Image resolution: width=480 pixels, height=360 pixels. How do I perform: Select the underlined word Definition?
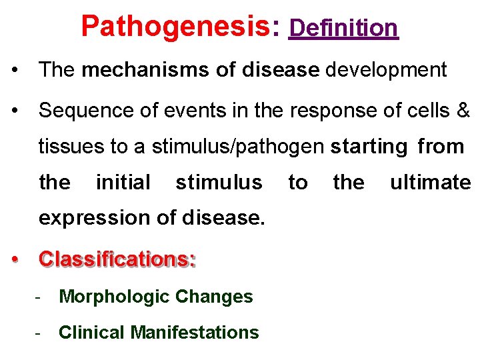click(343, 28)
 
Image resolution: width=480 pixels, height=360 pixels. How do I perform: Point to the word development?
click(385, 70)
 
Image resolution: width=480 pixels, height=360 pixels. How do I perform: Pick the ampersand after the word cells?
click(464, 111)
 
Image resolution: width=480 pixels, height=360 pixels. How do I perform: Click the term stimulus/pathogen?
click(239, 147)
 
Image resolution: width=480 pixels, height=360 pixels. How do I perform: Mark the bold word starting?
click(369, 147)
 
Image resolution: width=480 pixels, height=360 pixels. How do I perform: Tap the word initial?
click(123, 182)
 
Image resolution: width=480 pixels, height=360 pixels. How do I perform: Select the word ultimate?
click(431, 182)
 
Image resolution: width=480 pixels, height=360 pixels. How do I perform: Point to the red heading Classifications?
click(117, 259)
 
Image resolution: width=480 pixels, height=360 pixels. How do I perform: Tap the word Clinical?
click(92, 332)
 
